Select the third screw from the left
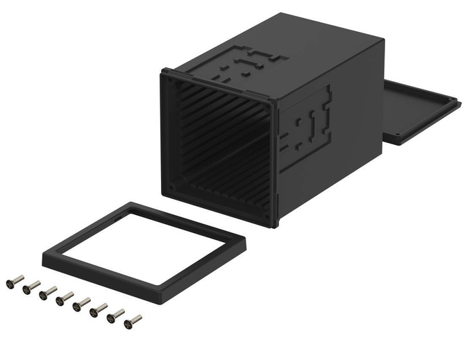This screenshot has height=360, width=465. tap(48, 293)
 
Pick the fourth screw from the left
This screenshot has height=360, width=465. tap(65, 299)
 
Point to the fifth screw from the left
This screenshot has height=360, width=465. tap(82, 305)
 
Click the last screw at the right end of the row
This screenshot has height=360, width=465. tap(132, 321)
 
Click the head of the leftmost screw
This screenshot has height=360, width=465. tap(9, 283)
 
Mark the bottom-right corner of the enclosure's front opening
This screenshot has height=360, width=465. tap(273, 221)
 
